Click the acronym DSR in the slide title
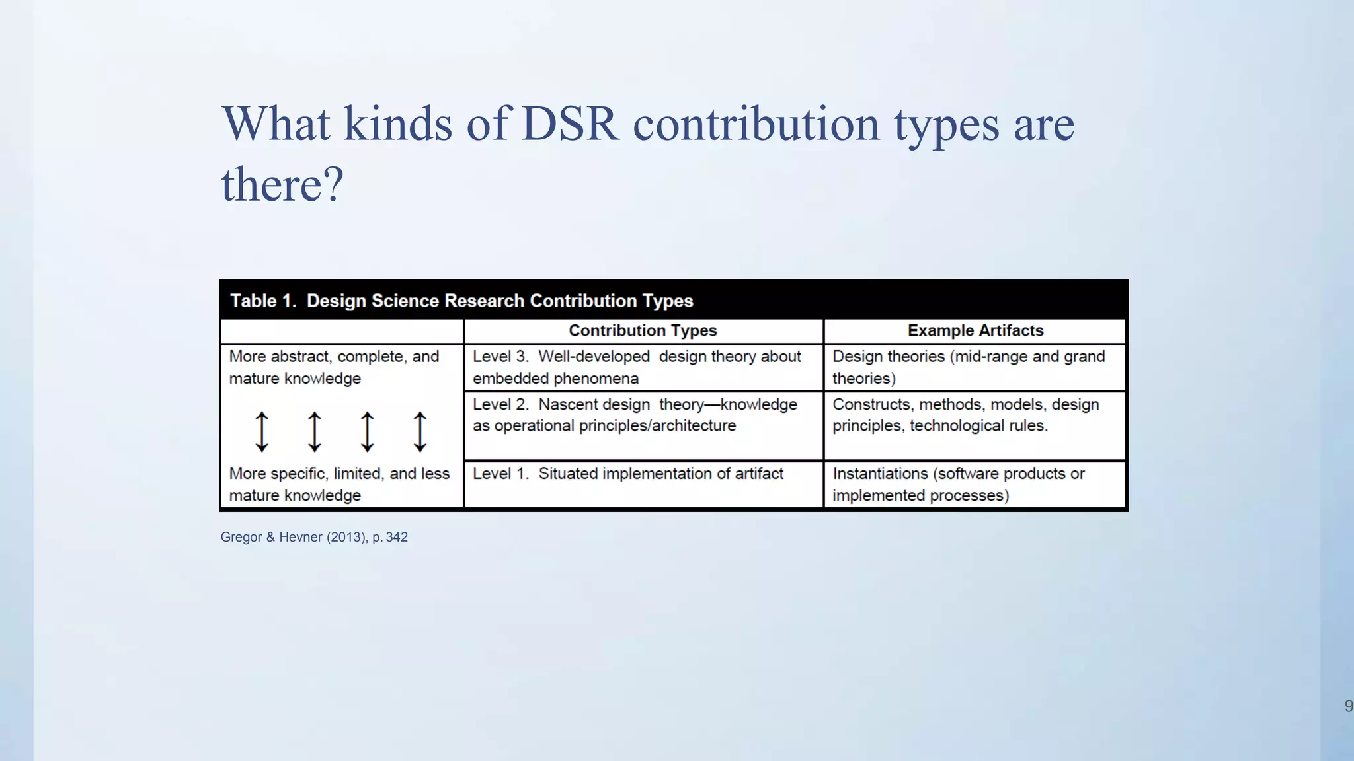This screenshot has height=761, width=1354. pos(570,124)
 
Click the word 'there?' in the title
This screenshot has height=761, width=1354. pos(282,184)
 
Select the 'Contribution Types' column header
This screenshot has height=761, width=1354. pos(643,330)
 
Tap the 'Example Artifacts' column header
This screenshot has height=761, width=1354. pos(975,330)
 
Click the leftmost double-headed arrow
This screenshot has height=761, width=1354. pos(262,431)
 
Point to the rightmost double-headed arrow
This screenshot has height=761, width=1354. pos(420,431)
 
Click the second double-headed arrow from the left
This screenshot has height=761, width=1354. pos(315,431)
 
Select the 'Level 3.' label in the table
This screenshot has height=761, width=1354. pos(500,357)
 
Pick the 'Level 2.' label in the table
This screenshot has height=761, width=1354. pos(500,404)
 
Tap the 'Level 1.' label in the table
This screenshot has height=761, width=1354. pos(500,474)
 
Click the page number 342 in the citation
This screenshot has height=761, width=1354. pos(397,537)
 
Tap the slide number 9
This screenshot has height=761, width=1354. pos(1348,706)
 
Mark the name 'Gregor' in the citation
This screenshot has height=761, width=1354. pos(241,537)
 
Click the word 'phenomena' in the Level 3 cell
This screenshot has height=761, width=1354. pos(601,379)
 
